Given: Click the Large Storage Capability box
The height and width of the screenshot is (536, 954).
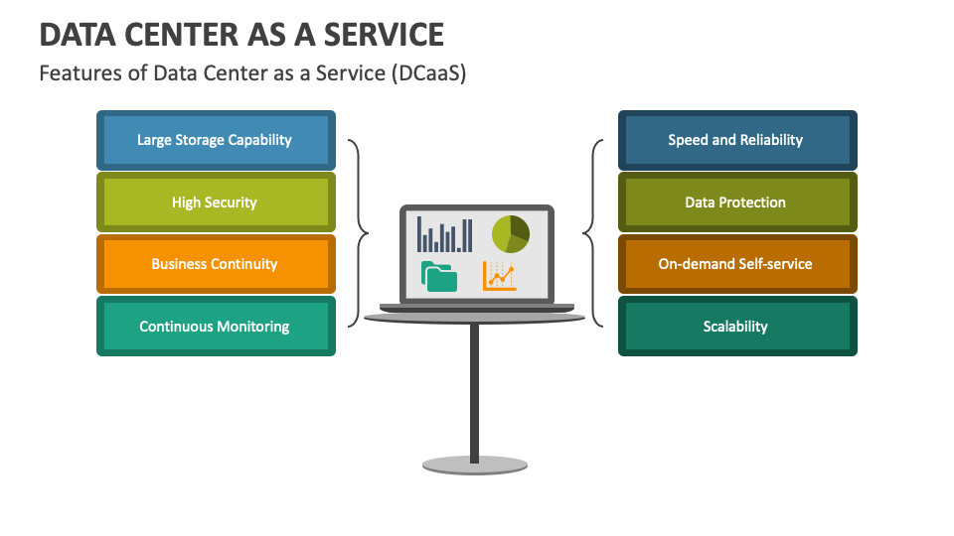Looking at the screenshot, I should pos(216,140).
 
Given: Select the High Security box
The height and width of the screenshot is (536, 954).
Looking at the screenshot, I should pos(216,202).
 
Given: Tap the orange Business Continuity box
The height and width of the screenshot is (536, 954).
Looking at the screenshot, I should pos(216,264).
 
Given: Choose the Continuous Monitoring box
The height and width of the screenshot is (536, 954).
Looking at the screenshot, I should pos(216,326).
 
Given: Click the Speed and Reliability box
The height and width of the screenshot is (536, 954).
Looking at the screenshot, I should pos(736,140).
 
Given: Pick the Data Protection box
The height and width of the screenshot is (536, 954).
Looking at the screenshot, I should pos(736,202).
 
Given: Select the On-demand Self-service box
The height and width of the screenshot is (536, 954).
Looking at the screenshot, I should pos(736,264).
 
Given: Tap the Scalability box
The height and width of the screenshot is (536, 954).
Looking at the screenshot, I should pos(736,326).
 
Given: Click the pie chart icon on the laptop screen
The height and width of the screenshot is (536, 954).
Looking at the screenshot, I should pos(510,233).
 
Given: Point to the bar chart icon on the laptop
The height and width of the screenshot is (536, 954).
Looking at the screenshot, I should pos(444,234).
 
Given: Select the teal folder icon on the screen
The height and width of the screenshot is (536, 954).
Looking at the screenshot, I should pos(439,276).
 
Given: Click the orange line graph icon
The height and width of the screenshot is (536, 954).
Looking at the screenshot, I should pos(500,275).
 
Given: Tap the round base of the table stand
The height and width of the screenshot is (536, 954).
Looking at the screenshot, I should pos(474,465).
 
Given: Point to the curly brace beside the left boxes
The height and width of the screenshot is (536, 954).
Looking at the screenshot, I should pos(357,233).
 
